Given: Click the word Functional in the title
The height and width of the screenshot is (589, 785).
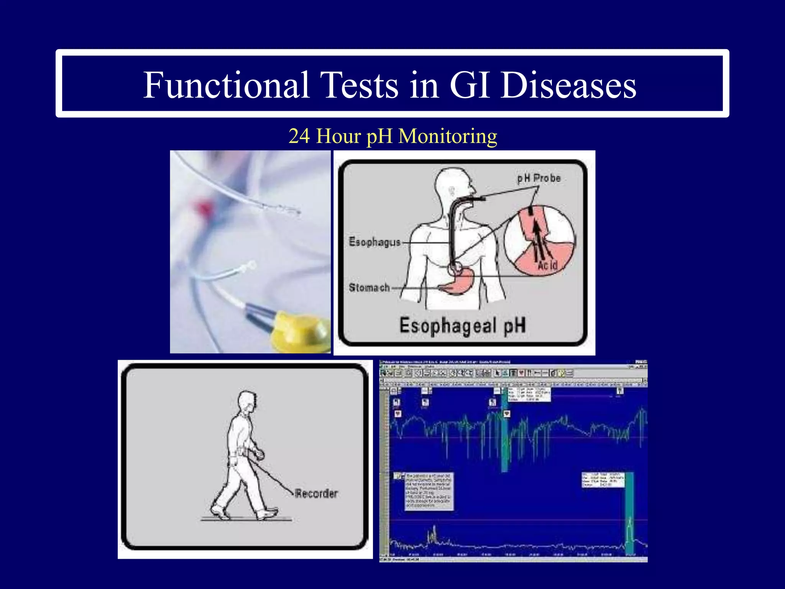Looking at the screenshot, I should click(x=226, y=85).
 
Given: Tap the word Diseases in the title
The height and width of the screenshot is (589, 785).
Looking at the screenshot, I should click(x=568, y=85).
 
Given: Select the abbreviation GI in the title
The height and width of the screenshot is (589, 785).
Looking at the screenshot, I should click(x=471, y=85).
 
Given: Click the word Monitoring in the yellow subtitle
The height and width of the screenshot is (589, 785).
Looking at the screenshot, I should click(x=448, y=136).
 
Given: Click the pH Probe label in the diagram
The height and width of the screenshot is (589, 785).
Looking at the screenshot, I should click(x=539, y=178).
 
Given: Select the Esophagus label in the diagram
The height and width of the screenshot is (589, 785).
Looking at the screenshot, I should click(x=374, y=242).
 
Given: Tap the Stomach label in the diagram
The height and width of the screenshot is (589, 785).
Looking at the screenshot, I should click(x=369, y=288).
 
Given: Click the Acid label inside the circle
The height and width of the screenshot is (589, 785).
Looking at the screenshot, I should click(x=547, y=265).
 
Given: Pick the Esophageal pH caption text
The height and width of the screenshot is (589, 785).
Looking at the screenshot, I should click(x=462, y=326).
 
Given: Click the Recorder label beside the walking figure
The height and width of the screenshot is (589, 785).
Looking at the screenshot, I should click(x=316, y=493).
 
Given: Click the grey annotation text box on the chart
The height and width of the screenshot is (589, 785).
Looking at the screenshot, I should click(x=429, y=491).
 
